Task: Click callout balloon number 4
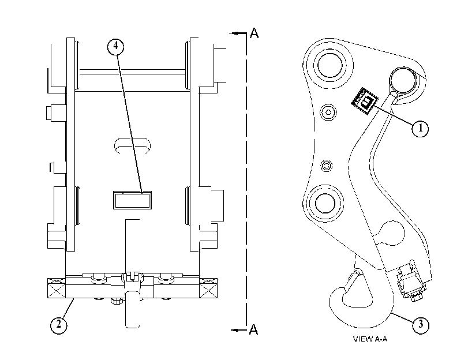click(115, 47)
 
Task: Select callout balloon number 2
click(58, 324)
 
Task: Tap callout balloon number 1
click(421, 128)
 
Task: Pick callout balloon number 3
click(421, 324)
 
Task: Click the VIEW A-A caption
click(370, 339)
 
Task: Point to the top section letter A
click(254, 33)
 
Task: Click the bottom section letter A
click(253, 329)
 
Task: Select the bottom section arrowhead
click(235, 330)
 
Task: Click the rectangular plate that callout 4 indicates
click(132, 200)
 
